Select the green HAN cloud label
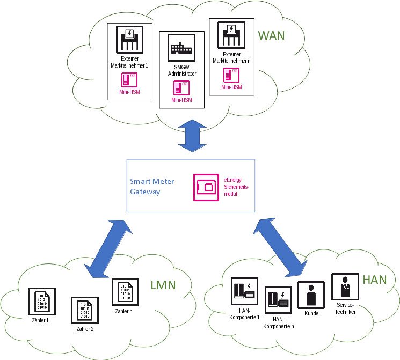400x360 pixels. (375, 280)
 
